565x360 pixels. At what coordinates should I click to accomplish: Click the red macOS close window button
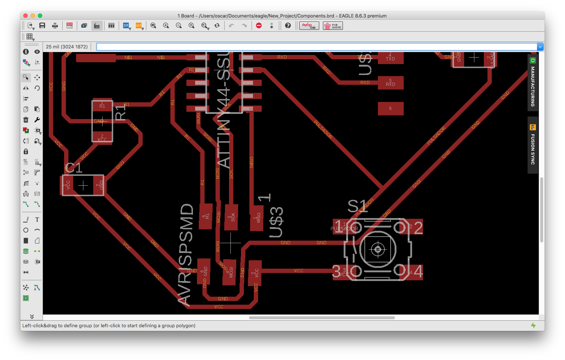(x=25, y=16)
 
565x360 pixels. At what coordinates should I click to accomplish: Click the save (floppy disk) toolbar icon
(x=42, y=25)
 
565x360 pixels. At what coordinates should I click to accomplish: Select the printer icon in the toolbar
(x=55, y=25)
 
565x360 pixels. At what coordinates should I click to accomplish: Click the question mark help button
(x=288, y=25)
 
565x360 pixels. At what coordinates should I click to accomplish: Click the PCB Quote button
(x=333, y=26)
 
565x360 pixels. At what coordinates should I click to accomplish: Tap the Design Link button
(x=309, y=26)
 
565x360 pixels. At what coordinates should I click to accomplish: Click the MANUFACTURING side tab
(x=533, y=83)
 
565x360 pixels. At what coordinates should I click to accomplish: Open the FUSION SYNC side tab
(x=533, y=145)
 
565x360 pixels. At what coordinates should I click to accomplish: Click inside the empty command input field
(x=317, y=47)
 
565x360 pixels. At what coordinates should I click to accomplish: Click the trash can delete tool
(x=26, y=120)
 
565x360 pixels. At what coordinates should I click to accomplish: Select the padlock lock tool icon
(x=26, y=151)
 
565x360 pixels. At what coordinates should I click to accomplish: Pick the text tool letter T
(x=37, y=219)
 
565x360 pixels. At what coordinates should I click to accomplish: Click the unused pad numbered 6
(x=390, y=108)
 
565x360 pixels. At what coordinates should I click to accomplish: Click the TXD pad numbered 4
(x=390, y=58)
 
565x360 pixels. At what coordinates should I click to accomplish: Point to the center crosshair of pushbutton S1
(x=378, y=249)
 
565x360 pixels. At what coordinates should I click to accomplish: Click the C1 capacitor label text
(x=74, y=168)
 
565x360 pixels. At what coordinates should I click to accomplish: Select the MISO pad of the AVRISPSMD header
(x=257, y=218)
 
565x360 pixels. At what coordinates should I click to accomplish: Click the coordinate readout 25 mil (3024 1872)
(x=67, y=47)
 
